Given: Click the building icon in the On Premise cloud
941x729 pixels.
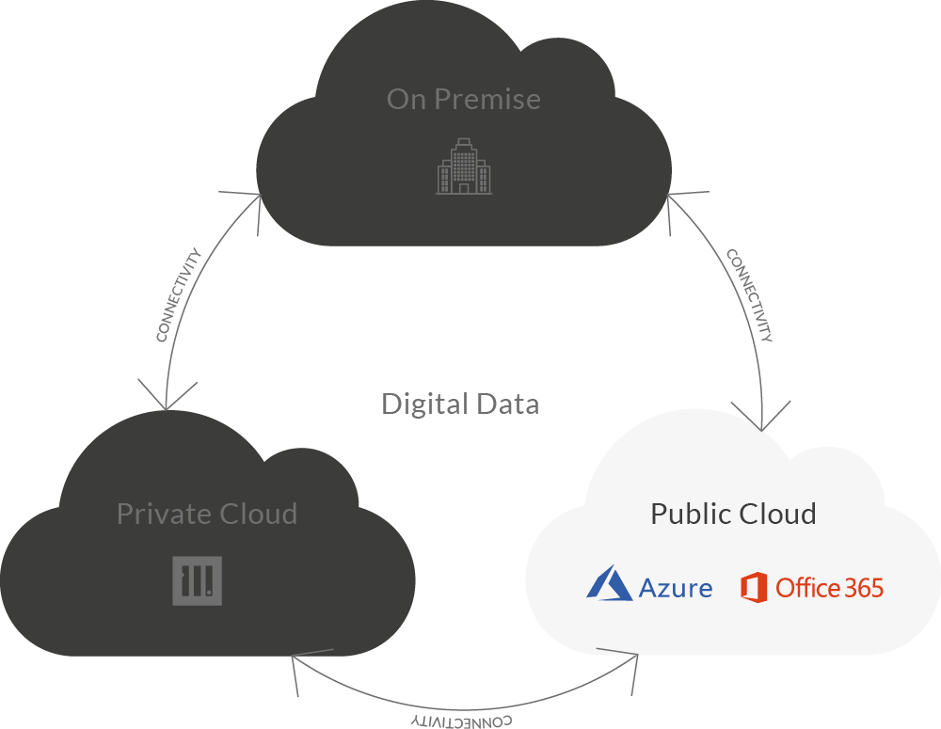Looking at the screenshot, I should click(464, 166).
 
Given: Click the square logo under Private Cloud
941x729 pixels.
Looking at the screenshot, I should click(198, 580).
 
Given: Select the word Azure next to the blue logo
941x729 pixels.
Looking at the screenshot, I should click(676, 589).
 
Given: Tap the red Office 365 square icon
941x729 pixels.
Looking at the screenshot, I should click(755, 587).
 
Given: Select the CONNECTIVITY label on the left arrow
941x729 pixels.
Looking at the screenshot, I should click(179, 294).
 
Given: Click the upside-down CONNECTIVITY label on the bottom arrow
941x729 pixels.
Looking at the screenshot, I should click(462, 721).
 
